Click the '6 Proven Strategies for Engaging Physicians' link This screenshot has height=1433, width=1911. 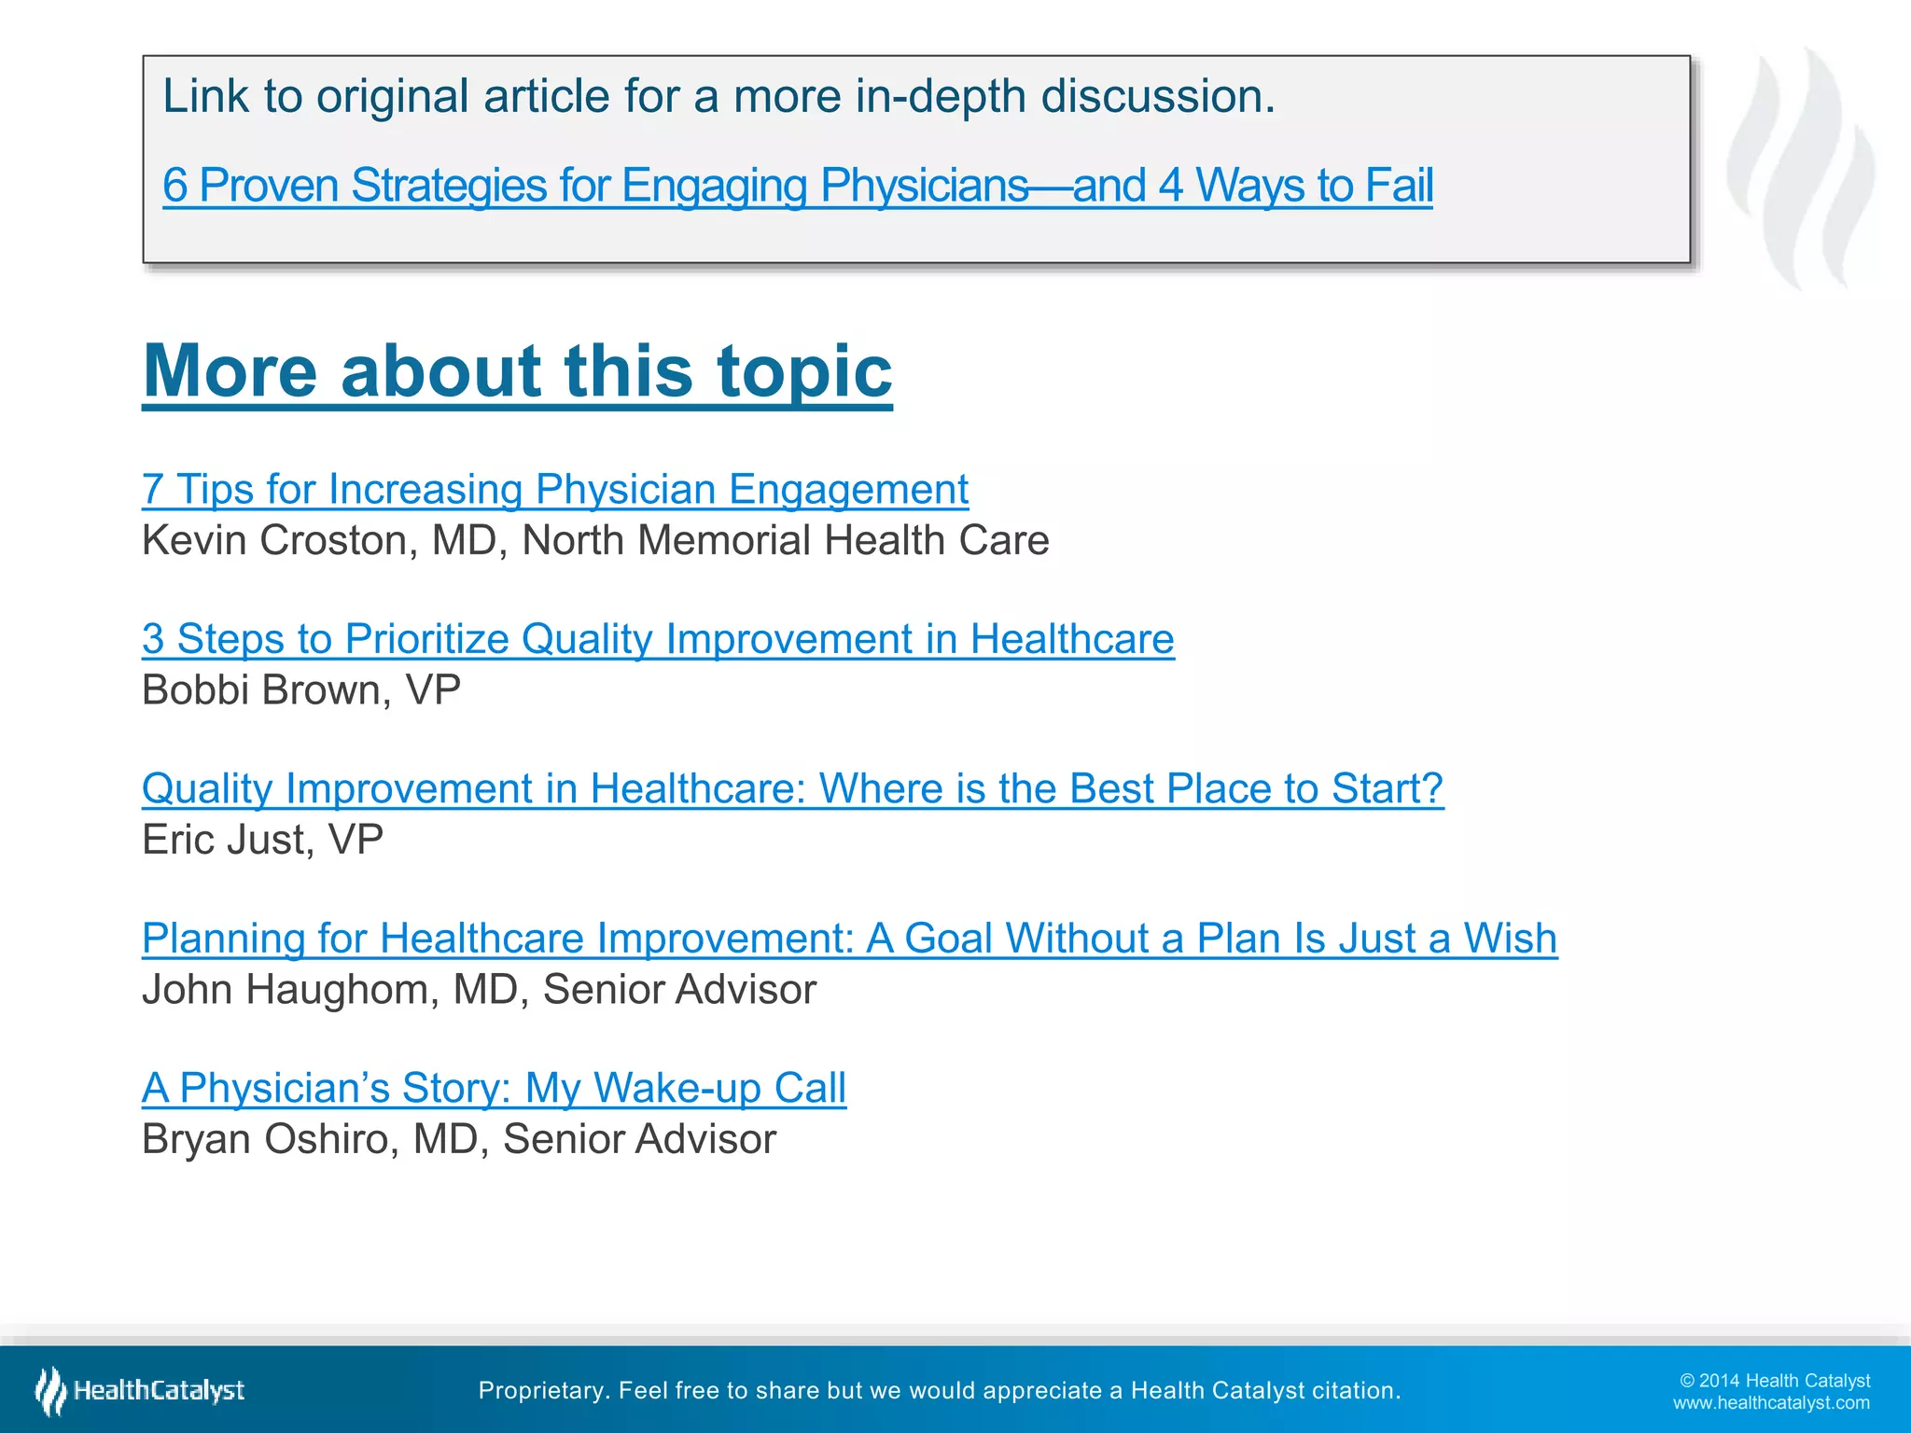(x=797, y=185)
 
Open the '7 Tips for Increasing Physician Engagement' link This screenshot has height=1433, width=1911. (x=555, y=489)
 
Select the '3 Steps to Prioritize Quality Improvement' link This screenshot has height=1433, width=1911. (x=658, y=639)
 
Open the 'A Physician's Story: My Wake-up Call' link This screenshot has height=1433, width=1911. (x=494, y=1088)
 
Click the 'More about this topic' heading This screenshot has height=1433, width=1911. (x=517, y=371)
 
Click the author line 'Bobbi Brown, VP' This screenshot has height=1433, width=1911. (x=301, y=690)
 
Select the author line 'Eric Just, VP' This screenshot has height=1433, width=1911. (x=262, y=840)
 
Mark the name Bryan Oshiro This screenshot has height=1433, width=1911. (x=271, y=1139)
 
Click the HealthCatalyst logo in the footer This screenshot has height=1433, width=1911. (x=140, y=1390)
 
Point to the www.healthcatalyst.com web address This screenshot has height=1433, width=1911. (x=1770, y=1402)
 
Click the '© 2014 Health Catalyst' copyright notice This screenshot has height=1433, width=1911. (x=1774, y=1381)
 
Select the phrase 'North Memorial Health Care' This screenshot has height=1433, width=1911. (x=785, y=541)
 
